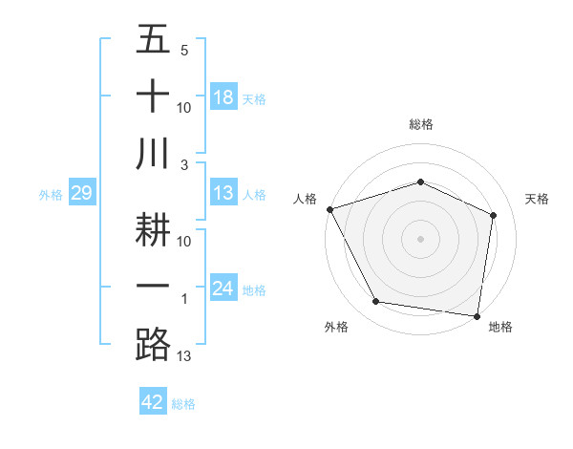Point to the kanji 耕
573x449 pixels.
click(153, 233)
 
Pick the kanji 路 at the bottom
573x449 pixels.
click(153, 343)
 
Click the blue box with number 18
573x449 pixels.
click(223, 97)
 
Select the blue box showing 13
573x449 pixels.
click(223, 194)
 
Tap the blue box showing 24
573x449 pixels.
click(223, 289)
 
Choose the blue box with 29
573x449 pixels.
click(81, 194)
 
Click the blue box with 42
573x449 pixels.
click(153, 403)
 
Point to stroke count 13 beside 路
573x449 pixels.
click(184, 357)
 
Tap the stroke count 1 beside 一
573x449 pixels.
click(183, 300)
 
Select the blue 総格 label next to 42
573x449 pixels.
click(183, 404)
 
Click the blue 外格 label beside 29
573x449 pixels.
click(51, 195)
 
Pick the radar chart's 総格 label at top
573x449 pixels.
click(420, 124)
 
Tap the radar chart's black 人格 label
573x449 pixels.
click(306, 199)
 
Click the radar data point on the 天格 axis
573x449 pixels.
click(494, 214)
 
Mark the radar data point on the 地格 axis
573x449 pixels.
click(477, 315)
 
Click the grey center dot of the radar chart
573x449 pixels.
click(420, 238)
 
